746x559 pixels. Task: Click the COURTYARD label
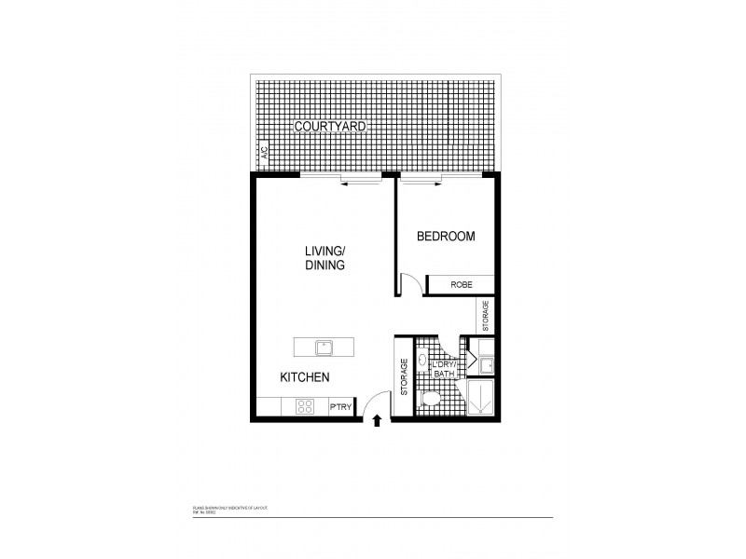[x=330, y=125]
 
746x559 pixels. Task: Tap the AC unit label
[x=264, y=153]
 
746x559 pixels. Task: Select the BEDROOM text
[x=445, y=237]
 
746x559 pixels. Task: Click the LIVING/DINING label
[x=325, y=258]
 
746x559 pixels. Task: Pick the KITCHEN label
[x=305, y=377]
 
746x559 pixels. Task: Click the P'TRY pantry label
[x=340, y=407]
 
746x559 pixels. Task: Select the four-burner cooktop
[x=305, y=406]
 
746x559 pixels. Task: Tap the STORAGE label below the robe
[x=485, y=316]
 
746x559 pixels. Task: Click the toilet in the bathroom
[x=431, y=399]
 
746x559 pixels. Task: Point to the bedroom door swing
[x=409, y=283]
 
